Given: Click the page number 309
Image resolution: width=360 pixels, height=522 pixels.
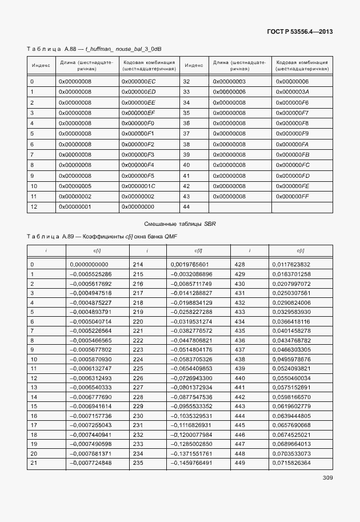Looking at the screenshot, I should (x=327, y=477).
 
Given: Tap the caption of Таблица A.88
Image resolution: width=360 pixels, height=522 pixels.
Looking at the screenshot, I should (x=98, y=49).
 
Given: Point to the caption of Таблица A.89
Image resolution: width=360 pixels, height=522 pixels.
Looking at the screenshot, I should (x=102, y=237).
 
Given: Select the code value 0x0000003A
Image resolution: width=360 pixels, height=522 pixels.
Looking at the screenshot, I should (x=292, y=92).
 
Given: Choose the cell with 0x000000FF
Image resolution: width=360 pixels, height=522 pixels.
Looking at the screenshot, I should (x=292, y=197).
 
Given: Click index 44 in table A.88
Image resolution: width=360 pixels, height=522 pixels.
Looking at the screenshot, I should (x=186, y=207).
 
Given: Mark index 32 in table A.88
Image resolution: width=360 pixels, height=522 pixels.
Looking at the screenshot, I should (x=186, y=82).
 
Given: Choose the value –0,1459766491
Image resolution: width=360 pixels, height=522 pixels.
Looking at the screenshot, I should (x=191, y=463).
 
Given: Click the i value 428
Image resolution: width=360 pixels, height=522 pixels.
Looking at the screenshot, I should (x=239, y=265).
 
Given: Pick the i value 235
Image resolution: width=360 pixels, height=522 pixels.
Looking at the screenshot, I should (x=138, y=463).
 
